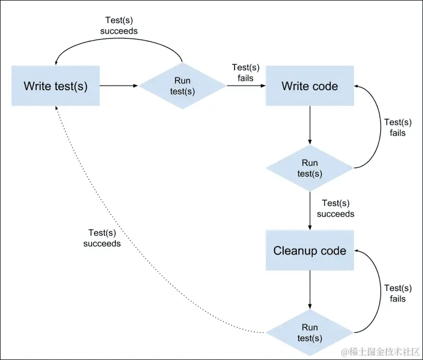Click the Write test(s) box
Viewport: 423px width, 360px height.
55,86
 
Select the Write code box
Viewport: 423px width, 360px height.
310,86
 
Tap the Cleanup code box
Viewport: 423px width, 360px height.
310,251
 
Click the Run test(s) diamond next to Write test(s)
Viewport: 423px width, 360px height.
182,86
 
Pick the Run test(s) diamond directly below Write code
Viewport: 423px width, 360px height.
310,168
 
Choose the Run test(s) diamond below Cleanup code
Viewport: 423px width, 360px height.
310,333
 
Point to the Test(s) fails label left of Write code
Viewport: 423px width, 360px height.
243,73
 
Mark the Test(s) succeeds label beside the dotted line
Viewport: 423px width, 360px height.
102,238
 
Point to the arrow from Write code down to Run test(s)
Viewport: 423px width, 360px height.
310,125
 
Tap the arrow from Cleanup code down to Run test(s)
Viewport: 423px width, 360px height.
310,289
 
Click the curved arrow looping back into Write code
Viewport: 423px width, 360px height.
379,127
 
